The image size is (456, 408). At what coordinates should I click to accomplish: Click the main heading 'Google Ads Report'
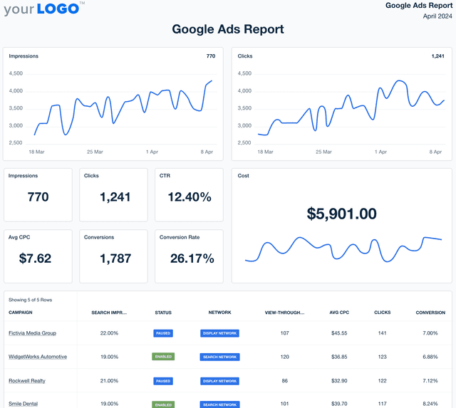point(228,29)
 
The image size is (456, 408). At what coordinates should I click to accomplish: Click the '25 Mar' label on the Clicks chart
point(323,152)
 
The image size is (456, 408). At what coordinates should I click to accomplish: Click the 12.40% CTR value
point(190,197)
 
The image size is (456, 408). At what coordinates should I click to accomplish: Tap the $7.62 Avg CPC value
point(34,258)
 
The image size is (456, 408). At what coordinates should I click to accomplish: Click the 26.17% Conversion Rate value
point(190,258)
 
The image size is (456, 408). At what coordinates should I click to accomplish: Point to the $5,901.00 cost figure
point(342,214)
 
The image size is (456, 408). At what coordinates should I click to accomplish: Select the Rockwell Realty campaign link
point(27,381)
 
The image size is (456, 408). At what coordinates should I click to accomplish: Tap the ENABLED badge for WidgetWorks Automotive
point(163,357)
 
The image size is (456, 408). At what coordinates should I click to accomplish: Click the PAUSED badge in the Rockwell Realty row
point(163,381)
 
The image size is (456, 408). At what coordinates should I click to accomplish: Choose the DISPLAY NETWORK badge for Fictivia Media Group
point(219,333)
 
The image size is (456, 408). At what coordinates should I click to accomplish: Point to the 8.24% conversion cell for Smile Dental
point(430,404)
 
